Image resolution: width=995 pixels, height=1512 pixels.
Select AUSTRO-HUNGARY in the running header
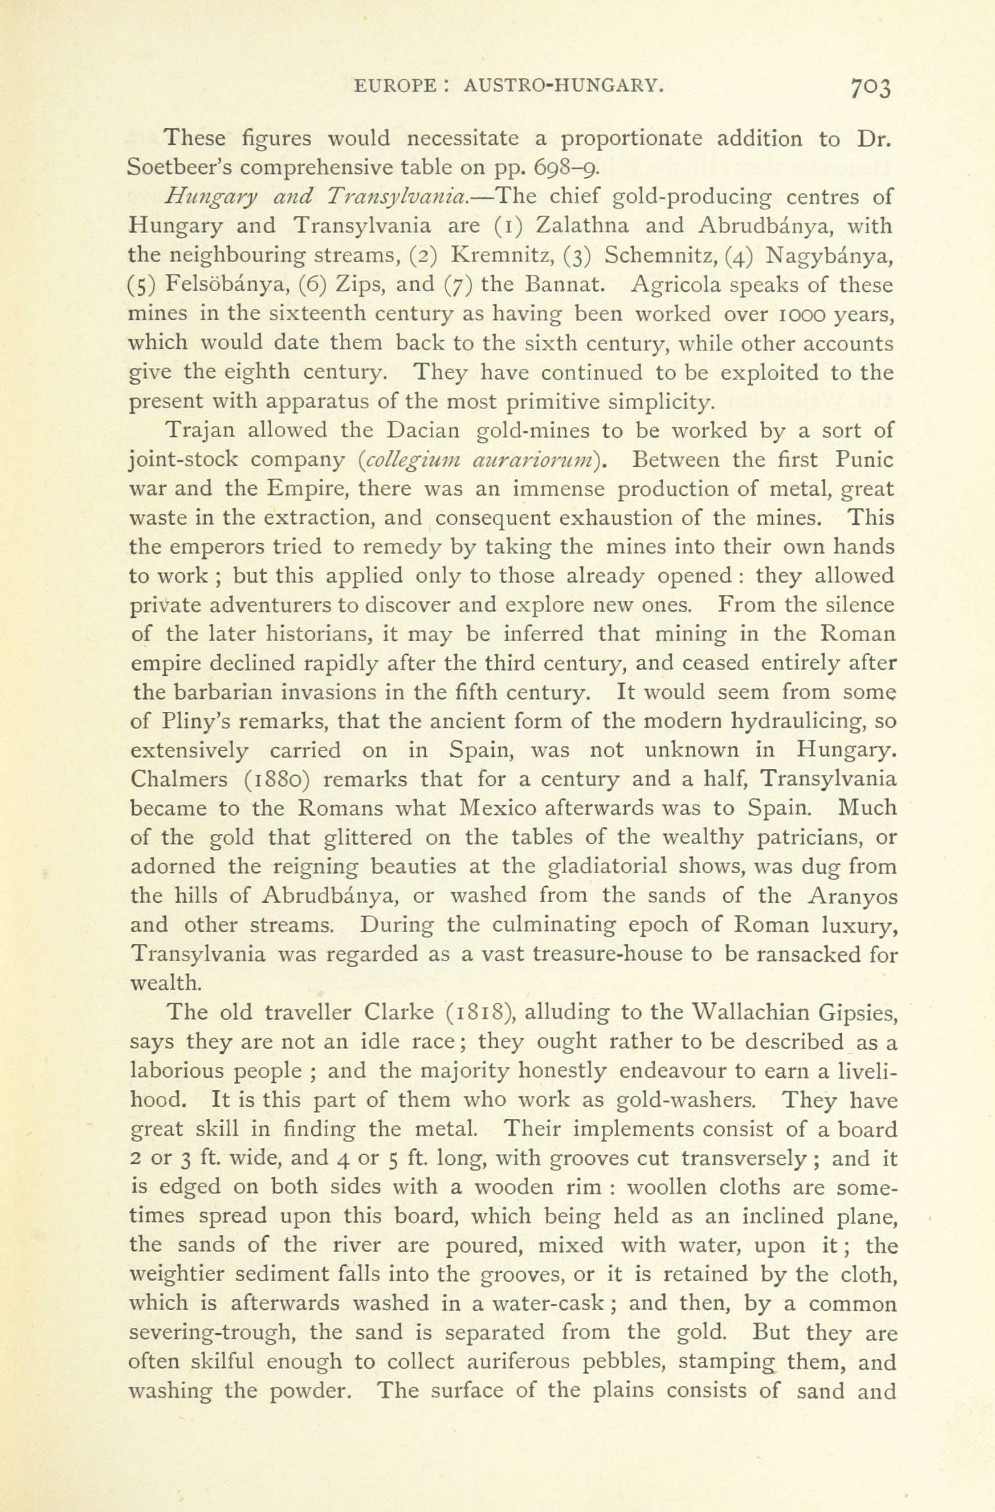pyautogui.click(x=564, y=85)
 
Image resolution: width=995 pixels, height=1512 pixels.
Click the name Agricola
pyautogui.click(x=676, y=284)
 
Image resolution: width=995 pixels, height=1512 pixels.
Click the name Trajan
pyautogui.click(x=190, y=431)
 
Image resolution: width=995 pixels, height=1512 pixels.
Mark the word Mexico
pyautogui.click(x=498, y=809)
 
